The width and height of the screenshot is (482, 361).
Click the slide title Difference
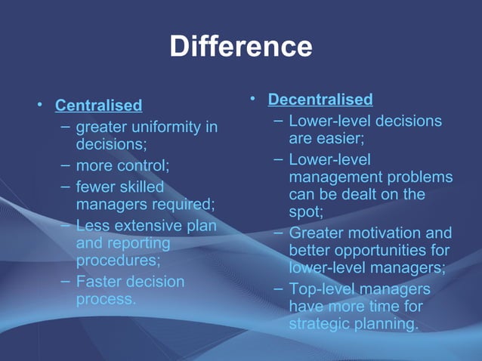[240, 47]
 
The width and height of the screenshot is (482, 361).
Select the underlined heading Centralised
[99, 105]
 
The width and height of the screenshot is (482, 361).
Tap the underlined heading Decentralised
[320, 100]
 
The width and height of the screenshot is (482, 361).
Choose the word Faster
[102, 282]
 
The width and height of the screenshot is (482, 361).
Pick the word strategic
[318, 325]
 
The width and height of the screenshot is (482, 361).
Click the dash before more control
[66, 165]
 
